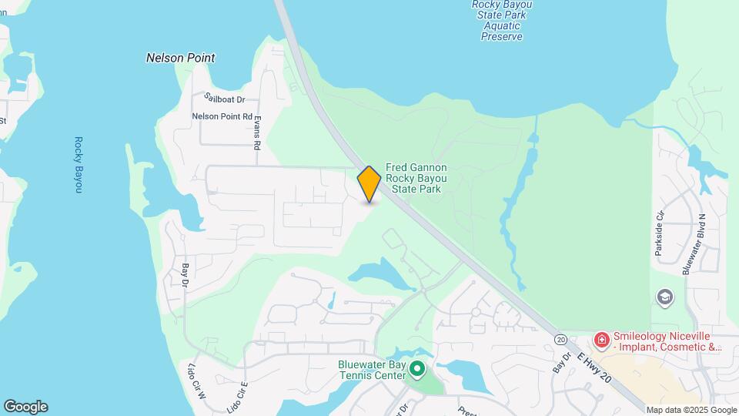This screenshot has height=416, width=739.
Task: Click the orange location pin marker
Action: tap(369, 184)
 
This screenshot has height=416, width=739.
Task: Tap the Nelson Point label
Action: tap(180, 58)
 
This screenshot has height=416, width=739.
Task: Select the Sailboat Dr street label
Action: tap(224, 99)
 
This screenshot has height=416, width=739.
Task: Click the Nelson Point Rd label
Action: tap(222, 116)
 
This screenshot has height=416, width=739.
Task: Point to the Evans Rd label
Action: tap(258, 133)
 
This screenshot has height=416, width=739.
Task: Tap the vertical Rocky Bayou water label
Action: tap(79, 165)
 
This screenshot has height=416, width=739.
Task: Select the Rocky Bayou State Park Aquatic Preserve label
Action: tap(502, 20)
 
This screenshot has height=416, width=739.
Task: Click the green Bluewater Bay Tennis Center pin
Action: tap(417, 370)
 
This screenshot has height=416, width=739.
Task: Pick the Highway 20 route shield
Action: tap(560, 339)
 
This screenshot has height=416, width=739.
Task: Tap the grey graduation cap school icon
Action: tap(664, 297)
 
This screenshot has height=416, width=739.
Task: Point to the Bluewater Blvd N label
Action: tap(687, 244)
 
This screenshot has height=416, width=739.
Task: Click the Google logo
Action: tap(25, 407)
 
